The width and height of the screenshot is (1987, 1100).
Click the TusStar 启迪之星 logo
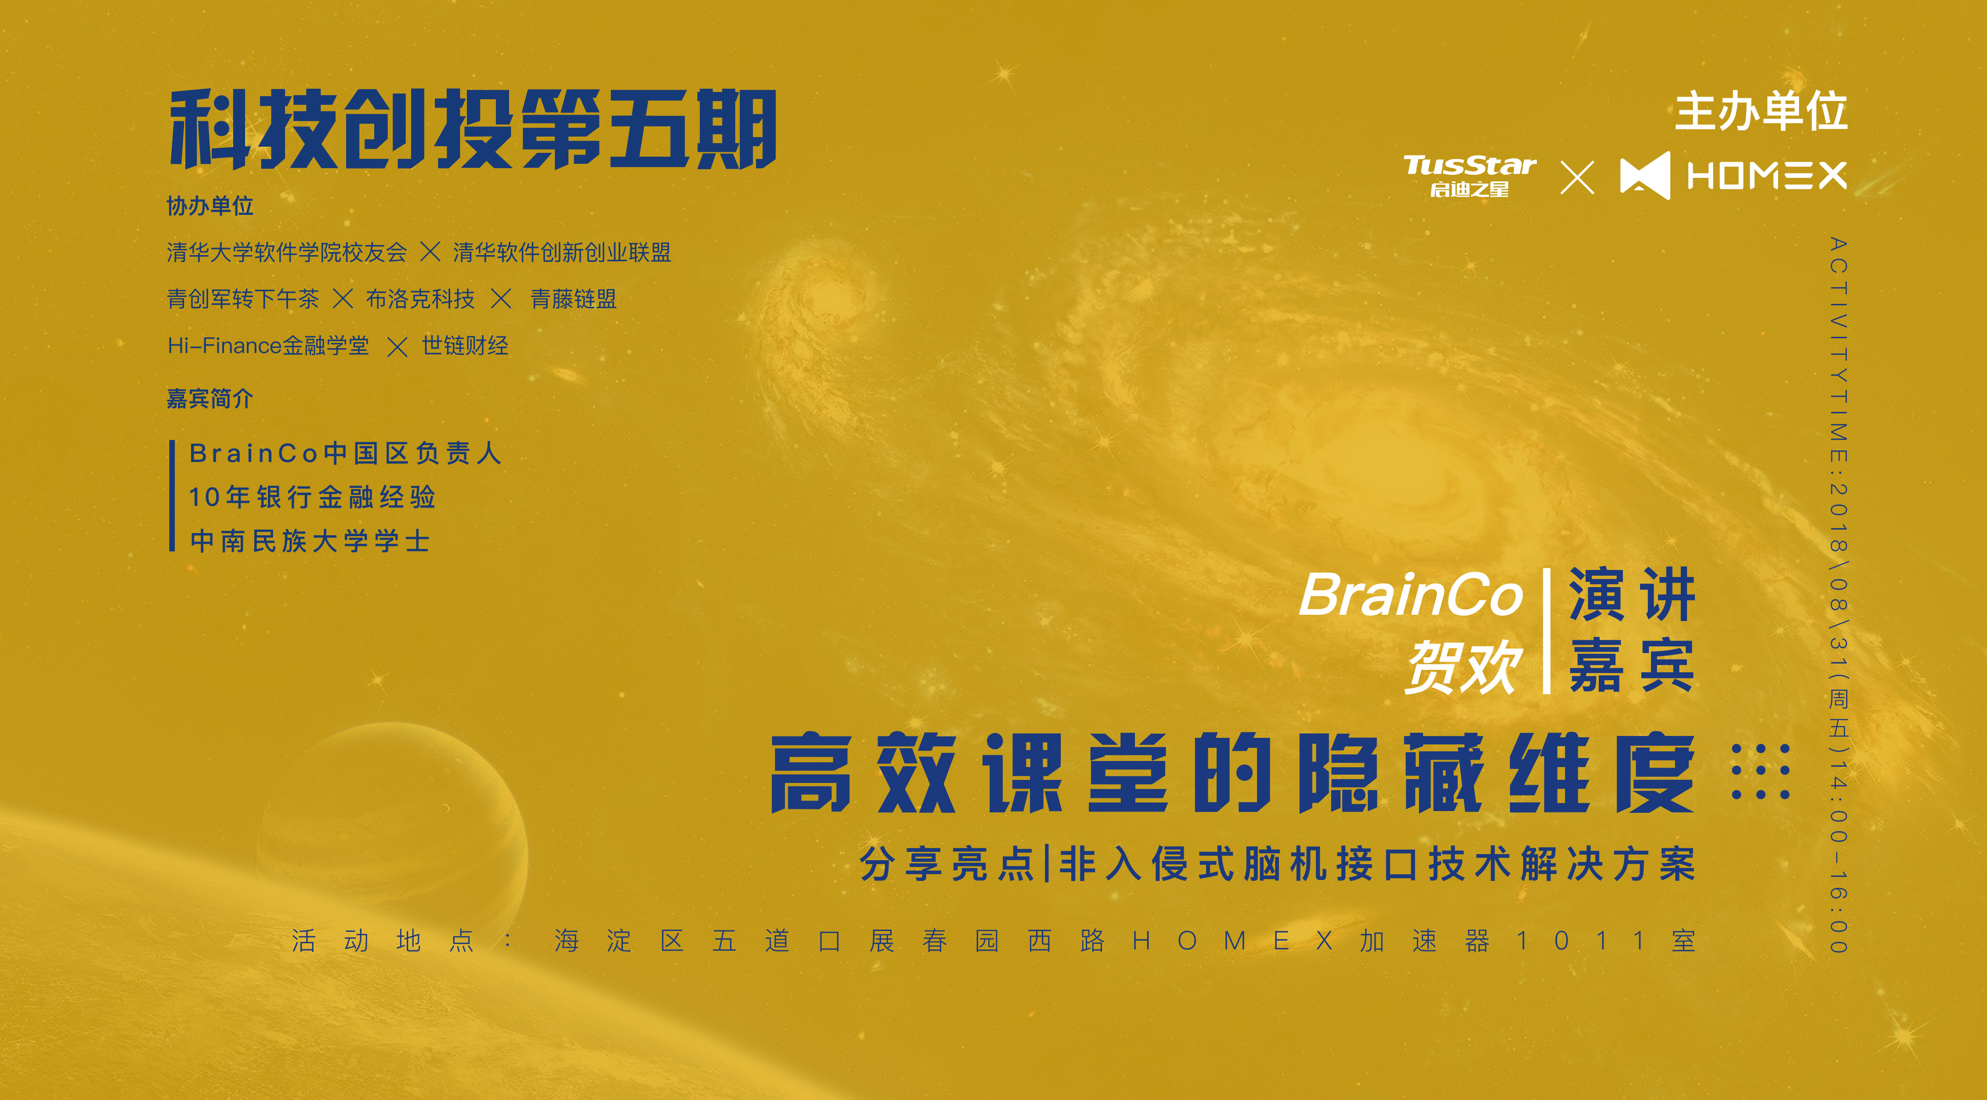tap(1470, 176)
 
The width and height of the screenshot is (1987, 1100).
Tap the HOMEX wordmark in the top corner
tap(1767, 176)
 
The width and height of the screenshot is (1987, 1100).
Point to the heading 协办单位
tap(210, 206)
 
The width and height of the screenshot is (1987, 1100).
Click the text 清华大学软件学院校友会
tap(287, 252)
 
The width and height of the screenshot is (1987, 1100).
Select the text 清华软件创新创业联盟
tap(562, 252)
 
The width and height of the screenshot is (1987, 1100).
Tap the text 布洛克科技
tap(420, 299)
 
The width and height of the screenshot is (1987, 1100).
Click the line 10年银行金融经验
tap(312, 497)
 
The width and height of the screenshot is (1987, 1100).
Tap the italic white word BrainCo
tap(1411, 595)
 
